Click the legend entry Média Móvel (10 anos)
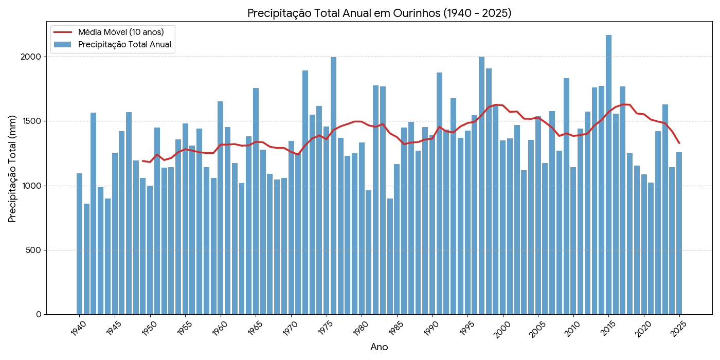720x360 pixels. (x=121, y=32)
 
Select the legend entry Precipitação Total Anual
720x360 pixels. (x=124, y=44)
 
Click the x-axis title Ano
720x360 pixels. (x=379, y=347)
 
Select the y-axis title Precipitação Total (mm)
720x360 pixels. (x=12, y=168)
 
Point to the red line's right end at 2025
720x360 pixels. (x=679, y=143)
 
